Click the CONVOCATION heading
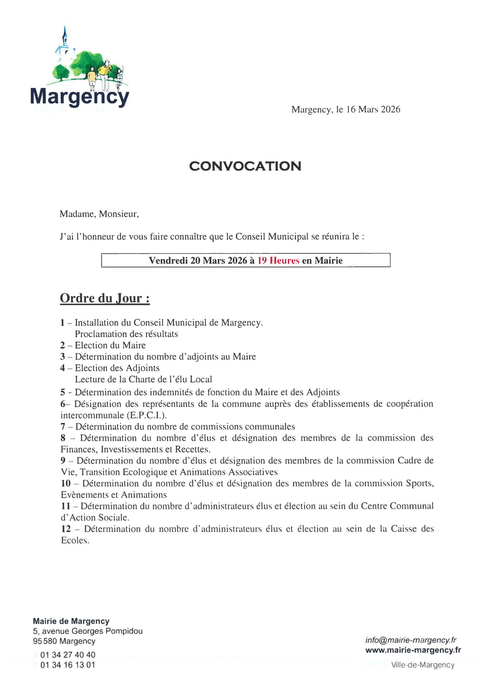click(245, 166)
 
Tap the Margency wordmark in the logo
click(80, 97)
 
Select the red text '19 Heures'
click(278, 261)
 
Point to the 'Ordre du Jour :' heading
click(105, 298)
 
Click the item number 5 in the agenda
click(63, 392)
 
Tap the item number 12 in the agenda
click(66, 529)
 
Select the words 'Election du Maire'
click(110, 345)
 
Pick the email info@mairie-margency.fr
click(411, 640)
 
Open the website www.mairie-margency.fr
click(413, 650)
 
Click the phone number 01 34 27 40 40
click(68, 655)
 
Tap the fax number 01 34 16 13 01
click(68, 665)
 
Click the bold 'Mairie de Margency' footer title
click(71, 621)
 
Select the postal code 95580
click(45, 641)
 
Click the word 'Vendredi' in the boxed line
click(168, 261)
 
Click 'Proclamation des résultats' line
click(126, 334)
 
